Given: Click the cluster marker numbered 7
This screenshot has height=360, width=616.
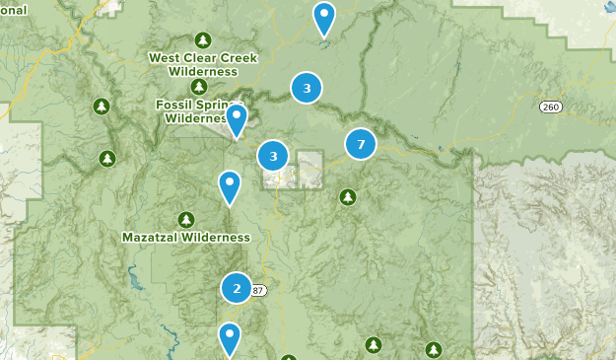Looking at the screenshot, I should click(x=361, y=145).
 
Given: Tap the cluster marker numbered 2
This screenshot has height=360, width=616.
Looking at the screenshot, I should click(x=237, y=288).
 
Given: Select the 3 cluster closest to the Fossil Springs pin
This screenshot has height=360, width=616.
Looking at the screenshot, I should click(x=273, y=156).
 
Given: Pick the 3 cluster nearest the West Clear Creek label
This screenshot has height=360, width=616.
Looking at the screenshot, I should click(x=307, y=89).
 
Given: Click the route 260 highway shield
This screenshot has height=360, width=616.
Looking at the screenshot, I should click(x=550, y=107).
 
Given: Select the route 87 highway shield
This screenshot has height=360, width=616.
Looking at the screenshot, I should click(x=258, y=290).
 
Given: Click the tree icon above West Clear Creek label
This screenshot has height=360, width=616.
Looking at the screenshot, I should click(x=202, y=40).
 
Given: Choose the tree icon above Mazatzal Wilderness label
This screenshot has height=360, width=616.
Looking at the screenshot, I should click(x=185, y=219).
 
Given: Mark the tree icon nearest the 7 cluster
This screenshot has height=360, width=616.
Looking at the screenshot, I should click(x=347, y=197).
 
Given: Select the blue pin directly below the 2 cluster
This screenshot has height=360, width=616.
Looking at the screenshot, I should click(x=230, y=339).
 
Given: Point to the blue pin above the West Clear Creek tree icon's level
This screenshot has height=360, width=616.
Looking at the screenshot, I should click(x=323, y=18).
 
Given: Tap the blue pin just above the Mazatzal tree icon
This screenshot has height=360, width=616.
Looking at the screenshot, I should click(x=230, y=186).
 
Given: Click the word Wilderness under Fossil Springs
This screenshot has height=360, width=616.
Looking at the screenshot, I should click(x=195, y=118).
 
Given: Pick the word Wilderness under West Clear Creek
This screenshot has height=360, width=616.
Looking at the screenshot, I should click(x=202, y=71).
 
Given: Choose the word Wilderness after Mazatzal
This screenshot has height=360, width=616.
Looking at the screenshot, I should click(x=219, y=238).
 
